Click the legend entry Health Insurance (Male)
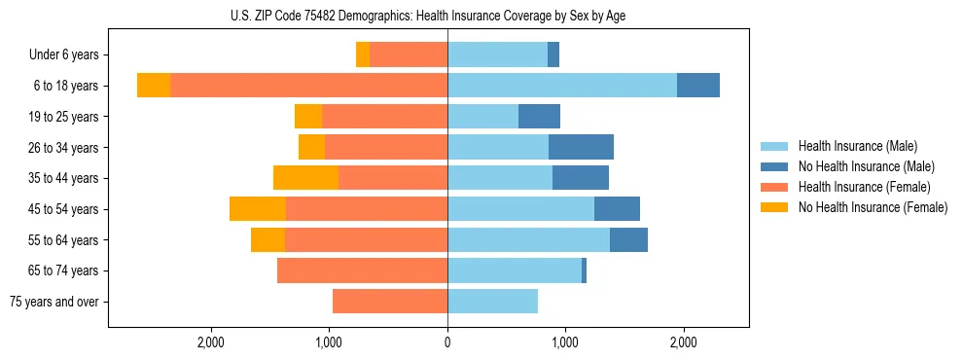coord(857,146)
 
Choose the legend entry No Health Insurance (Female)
coord(873,207)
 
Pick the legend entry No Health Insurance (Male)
coord(866,166)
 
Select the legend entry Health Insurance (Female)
coord(864,187)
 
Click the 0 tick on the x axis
coord(447,342)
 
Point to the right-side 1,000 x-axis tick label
coord(565,342)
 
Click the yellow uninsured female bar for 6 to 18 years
coord(154,86)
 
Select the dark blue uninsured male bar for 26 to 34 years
coord(581,147)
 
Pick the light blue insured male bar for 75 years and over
coord(492,302)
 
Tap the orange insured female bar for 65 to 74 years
coord(362,270)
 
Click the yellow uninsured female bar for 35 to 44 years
coord(305,178)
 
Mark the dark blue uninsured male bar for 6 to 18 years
coord(698,86)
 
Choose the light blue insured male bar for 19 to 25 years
coord(482,117)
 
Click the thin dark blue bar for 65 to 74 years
coord(584,270)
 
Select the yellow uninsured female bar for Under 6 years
coord(363,54)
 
